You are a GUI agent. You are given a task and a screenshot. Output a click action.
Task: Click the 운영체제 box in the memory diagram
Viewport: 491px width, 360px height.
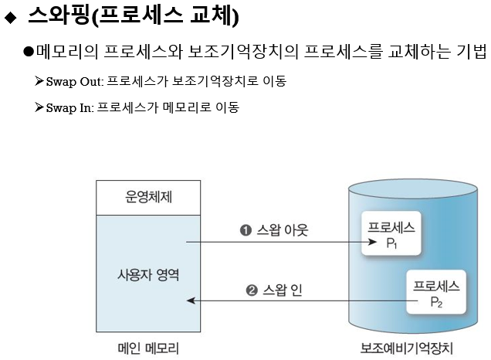[x=148, y=197]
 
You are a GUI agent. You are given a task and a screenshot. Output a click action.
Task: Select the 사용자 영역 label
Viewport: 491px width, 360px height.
[x=148, y=274]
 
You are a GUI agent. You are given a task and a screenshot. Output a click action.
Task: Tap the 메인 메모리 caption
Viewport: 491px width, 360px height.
[x=147, y=348]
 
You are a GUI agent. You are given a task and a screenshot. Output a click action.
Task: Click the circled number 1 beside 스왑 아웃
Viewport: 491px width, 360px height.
[x=245, y=230]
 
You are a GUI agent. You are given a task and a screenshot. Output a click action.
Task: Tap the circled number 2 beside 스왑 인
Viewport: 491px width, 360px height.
[x=251, y=290]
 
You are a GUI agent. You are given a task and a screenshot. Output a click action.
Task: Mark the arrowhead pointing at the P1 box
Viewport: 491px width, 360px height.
[x=368, y=243]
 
